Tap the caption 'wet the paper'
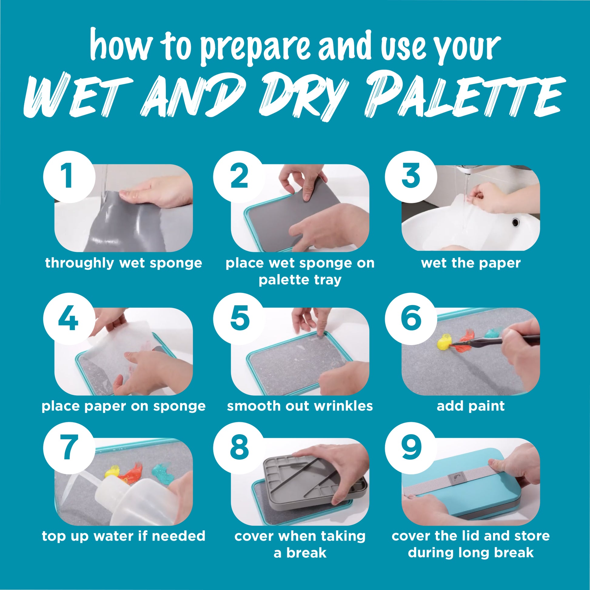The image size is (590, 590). point(471,263)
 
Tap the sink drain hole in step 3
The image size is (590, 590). point(516,222)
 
